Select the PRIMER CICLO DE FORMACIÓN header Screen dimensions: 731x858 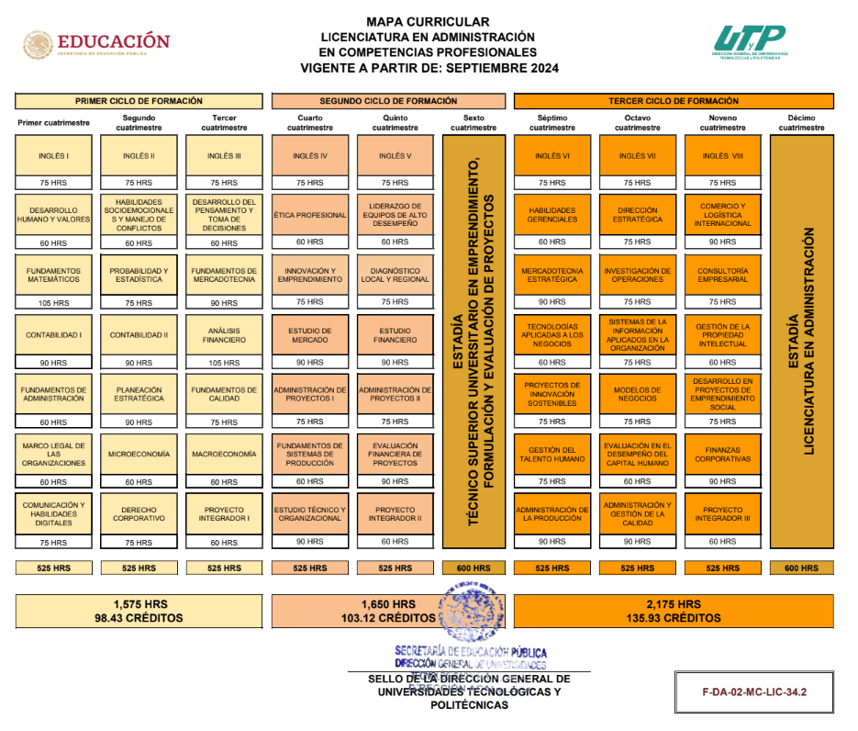tap(139, 101)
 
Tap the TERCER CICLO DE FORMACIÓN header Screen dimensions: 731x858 tap(674, 101)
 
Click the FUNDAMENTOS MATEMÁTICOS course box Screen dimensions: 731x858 tap(53, 275)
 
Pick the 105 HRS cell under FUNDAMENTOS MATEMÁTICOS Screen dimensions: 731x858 tap(53, 303)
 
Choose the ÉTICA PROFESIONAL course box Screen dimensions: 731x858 tap(310, 215)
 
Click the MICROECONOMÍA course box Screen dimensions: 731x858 tap(139, 455)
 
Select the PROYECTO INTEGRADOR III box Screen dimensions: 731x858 tap(722, 514)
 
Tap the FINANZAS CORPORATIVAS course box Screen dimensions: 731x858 tap(722, 455)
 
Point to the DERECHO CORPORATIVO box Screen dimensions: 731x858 tap(139, 514)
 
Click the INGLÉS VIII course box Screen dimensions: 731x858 tap(722, 156)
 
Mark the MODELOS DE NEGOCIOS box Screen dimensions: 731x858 tap(637, 394)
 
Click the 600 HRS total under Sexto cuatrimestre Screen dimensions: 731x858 tap(474, 568)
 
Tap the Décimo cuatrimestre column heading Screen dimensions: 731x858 tap(802, 123)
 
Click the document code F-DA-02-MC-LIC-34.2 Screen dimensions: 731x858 tap(754, 691)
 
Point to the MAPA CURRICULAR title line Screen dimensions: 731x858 tap(428, 22)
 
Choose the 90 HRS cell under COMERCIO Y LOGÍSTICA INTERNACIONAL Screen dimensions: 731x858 tap(722, 242)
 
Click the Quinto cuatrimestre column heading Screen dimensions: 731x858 tap(395, 123)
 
